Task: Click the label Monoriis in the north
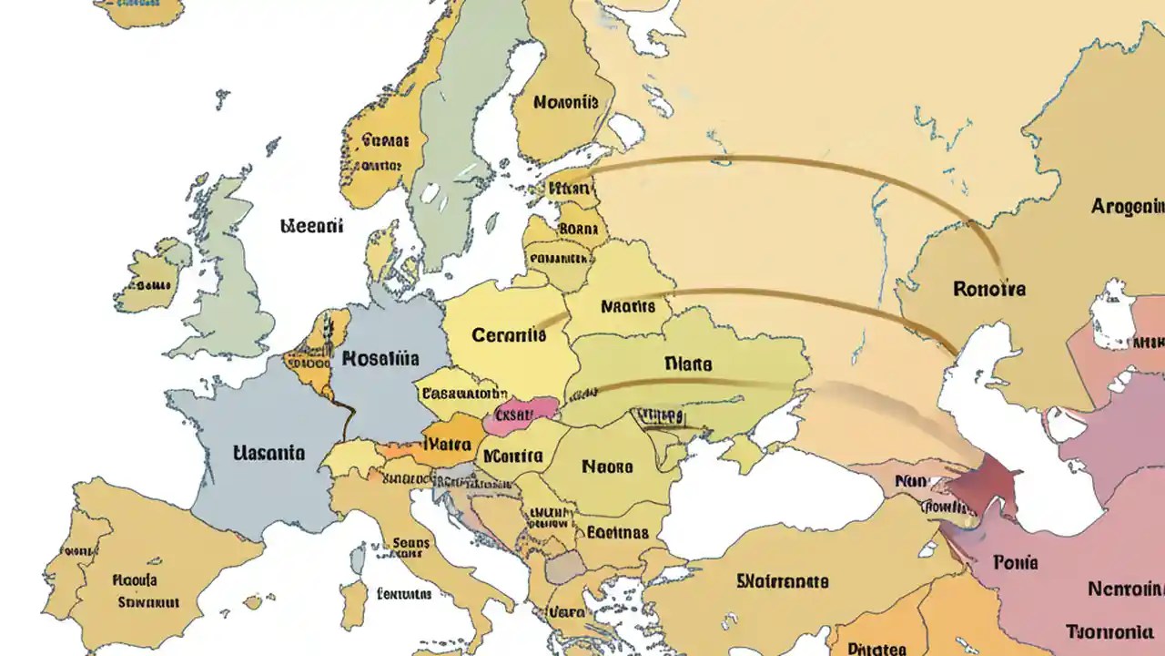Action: (x=565, y=102)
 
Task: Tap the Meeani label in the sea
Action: (x=311, y=225)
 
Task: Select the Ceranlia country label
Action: (x=510, y=335)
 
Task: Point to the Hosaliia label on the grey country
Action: (x=380, y=358)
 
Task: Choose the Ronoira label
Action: (x=989, y=289)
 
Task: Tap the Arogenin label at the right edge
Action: (x=1127, y=206)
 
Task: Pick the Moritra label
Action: (x=512, y=456)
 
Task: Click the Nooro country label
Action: (x=607, y=467)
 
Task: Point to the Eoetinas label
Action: (x=618, y=532)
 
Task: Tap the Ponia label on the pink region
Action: (x=1017, y=562)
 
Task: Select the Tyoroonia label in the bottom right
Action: (x=1114, y=632)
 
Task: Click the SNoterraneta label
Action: (x=782, y=580)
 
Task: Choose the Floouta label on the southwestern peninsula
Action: (x=135, y=579)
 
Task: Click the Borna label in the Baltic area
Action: (x=577, y=228)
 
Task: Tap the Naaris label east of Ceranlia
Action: (x=628, y=307)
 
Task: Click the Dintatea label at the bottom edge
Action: (x=876, y=649)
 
